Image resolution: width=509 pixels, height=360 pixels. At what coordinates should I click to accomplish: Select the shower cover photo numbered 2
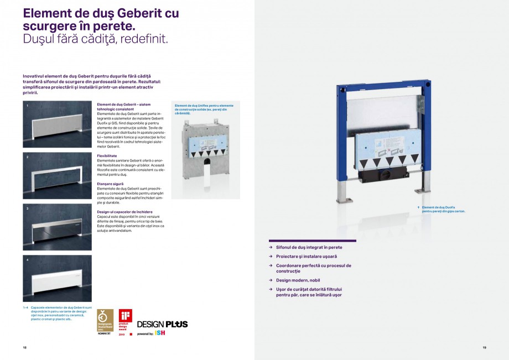pos(58,175)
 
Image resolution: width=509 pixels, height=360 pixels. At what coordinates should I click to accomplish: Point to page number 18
pos(24,347)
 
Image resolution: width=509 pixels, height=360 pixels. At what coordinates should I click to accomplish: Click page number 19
pos(484,347)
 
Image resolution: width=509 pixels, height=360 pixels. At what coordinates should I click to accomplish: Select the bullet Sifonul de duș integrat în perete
pos(309,248)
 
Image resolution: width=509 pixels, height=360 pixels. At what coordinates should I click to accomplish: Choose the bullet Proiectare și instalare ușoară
pos(306,257)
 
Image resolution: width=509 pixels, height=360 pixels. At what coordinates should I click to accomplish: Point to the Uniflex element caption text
pos(204,109)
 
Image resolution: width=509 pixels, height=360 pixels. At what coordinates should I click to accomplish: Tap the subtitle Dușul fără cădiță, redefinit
pos(95,39)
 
